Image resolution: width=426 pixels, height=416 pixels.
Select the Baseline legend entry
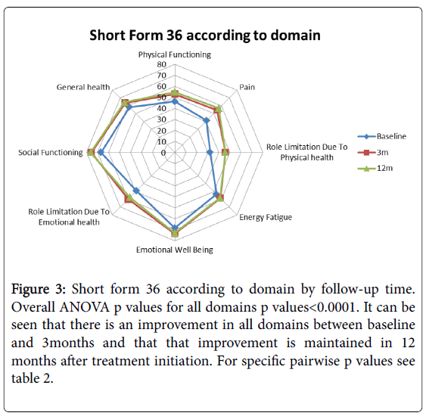click(x=381, y=136)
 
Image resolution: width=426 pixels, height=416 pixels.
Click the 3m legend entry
click(x=373, y=152)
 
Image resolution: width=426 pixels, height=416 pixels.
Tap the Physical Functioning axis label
click(x=175, y=55)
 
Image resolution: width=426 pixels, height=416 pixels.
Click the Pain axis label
click(x=247, y=87)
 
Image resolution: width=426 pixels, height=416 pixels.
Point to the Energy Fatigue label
click(x=266, y=217)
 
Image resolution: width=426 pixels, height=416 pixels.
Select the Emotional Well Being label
click(x=175, y=250)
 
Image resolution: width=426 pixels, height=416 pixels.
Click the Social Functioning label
click(x=50, y=153)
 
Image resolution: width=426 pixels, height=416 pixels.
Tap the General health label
click(x=83, y=87)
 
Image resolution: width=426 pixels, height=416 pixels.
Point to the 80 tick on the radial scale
click(x=161, y=64)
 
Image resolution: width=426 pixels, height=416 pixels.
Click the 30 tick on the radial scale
click(x=161, y=120)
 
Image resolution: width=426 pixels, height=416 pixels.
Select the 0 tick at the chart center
click(x=163, y=153)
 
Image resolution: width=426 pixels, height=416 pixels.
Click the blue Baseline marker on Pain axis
click(x=207, y=120)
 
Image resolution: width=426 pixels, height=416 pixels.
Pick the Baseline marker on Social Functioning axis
click(x=101, y=152)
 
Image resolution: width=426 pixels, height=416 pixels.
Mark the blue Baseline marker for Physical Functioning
click(x=175, y=102)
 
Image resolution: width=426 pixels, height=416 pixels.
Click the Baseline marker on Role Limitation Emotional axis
click(x=136, y=191)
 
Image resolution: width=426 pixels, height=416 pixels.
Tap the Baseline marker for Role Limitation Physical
click(x=210, y=152)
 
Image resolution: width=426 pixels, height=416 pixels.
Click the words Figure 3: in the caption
click(x=39, y=289)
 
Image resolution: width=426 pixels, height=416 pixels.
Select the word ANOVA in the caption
click(x=84, y=307)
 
